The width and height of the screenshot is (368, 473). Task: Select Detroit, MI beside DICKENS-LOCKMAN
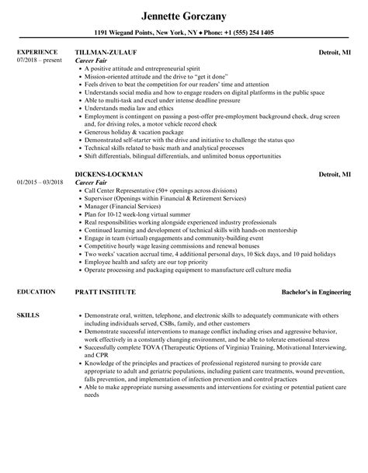334,174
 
